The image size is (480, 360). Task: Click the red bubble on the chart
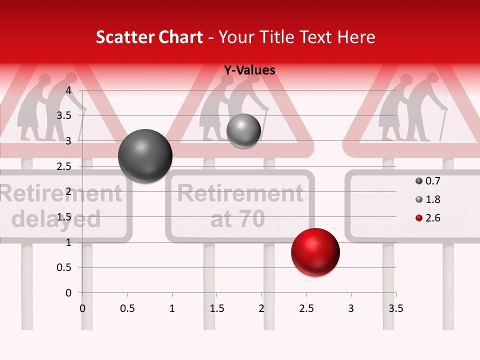tap(315, 252)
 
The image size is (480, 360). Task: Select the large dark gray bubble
tap(145, 156)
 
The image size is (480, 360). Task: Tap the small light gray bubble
tap(243, 131)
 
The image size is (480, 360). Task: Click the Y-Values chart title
tap(249, 70)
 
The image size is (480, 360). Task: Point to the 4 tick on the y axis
tap(69, 90)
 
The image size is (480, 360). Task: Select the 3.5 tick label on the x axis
tap(395, 308)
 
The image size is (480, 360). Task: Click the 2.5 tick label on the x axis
tap(306, 308)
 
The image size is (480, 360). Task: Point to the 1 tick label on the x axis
tap(172, 308)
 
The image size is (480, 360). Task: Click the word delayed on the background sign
tap(56, 218)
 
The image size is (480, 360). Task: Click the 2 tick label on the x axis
tap(261, 308)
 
